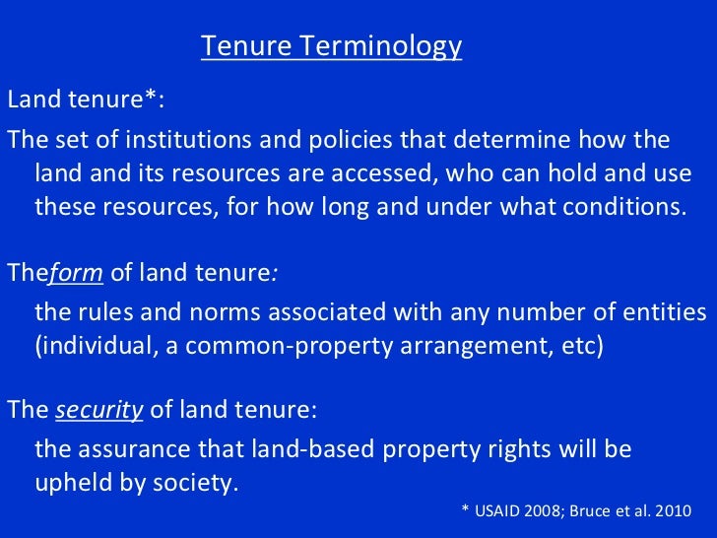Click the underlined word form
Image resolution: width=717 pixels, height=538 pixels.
(70, 274)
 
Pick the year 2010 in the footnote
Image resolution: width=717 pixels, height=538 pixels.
(672, 512)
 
